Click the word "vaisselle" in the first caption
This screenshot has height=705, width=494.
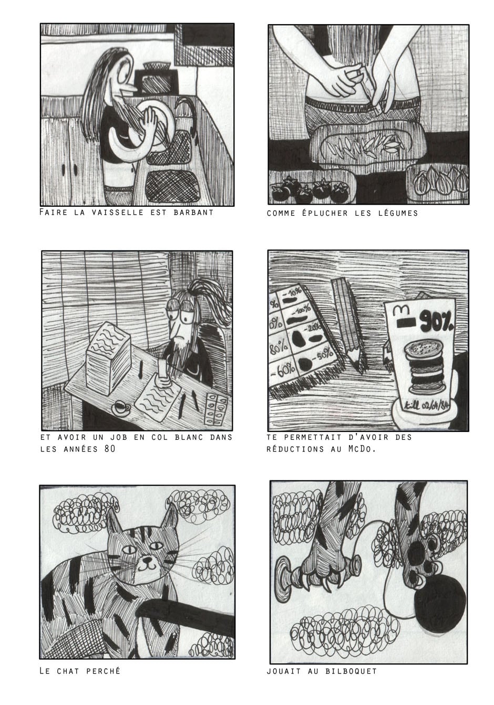pyautogui.click(x=118, y=213)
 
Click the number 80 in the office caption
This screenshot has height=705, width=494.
pyautogui.click(x=110, y=449)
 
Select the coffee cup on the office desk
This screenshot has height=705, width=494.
pyautogui.click(x=121, y=408)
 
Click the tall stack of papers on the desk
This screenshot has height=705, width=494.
pyautogui.click(x=108, y=357)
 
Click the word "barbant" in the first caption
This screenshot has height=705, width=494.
pyautogui.click(x=193, y=213)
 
